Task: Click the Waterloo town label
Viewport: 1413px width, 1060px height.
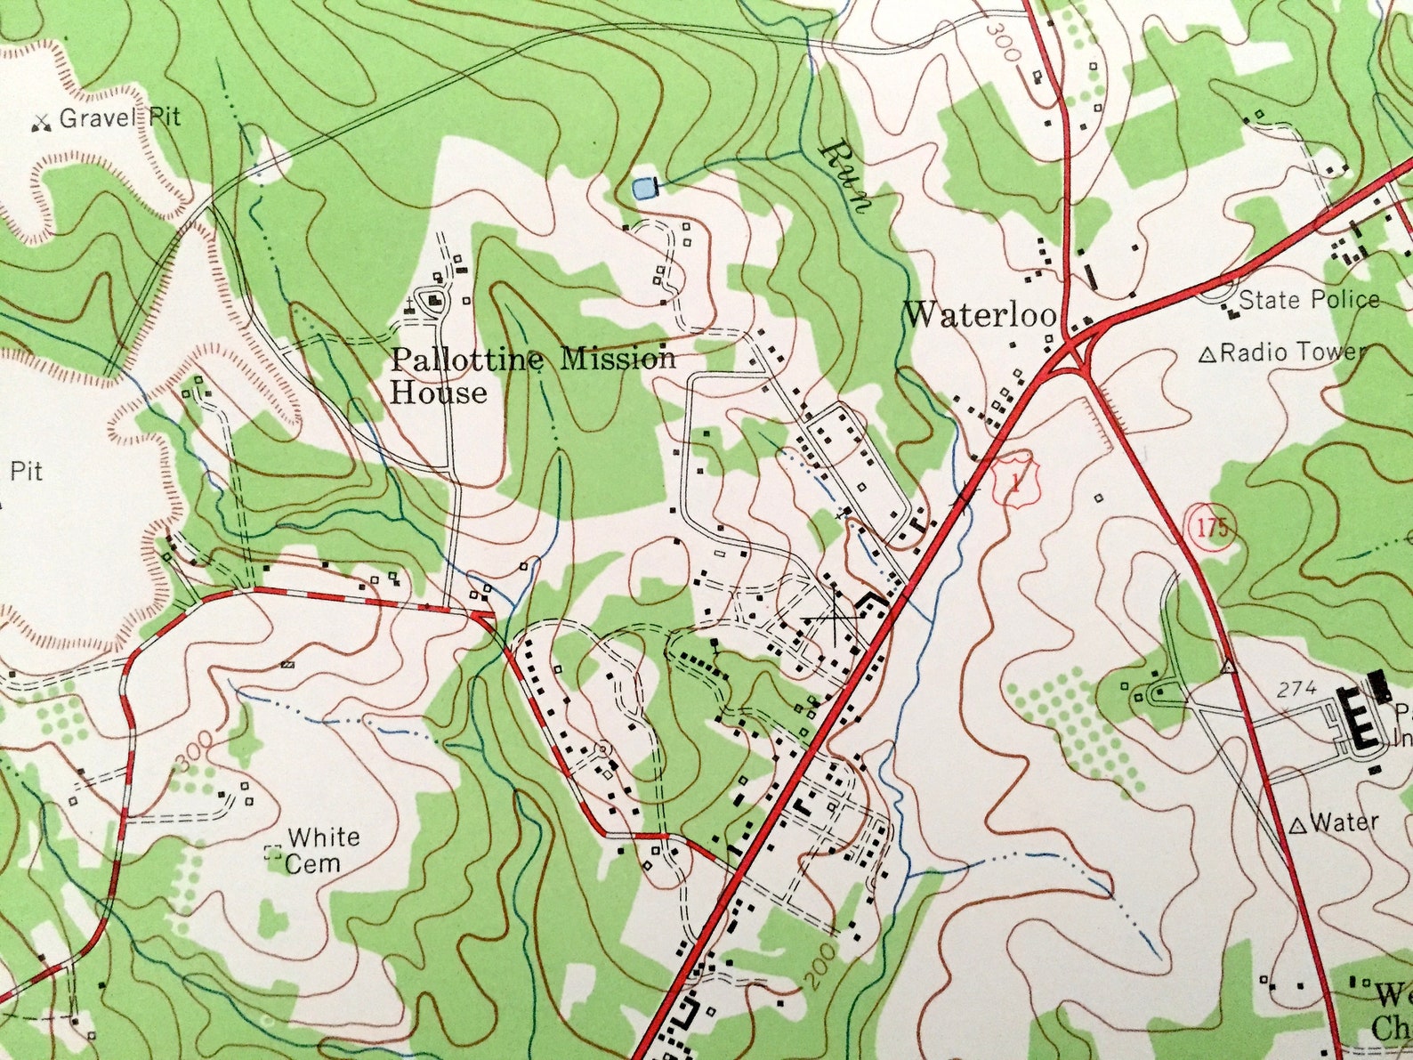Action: (980, 314)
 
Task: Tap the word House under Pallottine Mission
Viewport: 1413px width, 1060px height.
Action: (439, 392)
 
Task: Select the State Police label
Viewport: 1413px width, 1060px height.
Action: (1308, 300)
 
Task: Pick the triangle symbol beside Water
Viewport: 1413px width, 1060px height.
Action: (1297, 826)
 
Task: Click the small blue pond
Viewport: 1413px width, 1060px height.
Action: (641, 188)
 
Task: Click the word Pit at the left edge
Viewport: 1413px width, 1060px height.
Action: (27, 471)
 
